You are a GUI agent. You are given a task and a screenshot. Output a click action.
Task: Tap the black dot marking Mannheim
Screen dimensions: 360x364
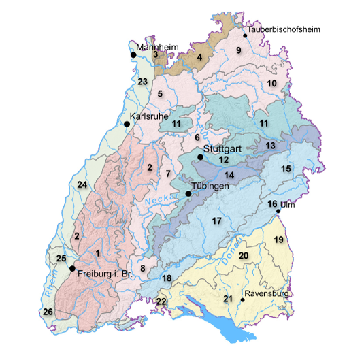134,54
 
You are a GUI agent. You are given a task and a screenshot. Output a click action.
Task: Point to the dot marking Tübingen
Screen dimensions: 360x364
188,193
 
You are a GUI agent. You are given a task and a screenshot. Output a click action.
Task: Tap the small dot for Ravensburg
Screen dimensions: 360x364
242,300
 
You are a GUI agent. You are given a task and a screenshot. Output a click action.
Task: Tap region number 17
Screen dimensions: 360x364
217,221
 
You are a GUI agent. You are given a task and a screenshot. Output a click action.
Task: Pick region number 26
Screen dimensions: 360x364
48,312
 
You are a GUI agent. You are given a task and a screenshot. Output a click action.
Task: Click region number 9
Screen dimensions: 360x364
239,50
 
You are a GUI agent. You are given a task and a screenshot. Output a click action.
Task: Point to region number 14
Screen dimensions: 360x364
229,176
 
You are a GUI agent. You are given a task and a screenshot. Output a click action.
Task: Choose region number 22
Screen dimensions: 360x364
161,301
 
